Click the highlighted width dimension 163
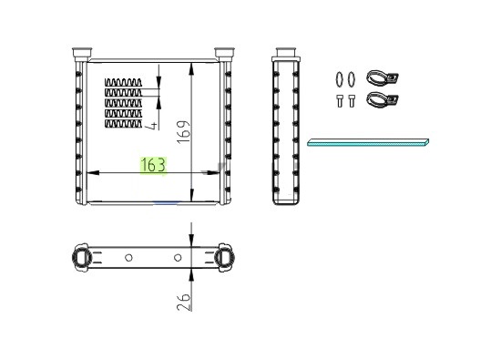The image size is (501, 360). point(153,165)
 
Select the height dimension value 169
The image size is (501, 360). point(184,132)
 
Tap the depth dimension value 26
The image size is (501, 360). point(184,302)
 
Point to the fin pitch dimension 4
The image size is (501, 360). point(151,125)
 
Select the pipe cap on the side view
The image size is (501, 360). point(286,53)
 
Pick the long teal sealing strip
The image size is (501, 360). point(368,142)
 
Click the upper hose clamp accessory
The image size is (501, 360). point(383,77)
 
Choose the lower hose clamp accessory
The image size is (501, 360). point(383,99)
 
